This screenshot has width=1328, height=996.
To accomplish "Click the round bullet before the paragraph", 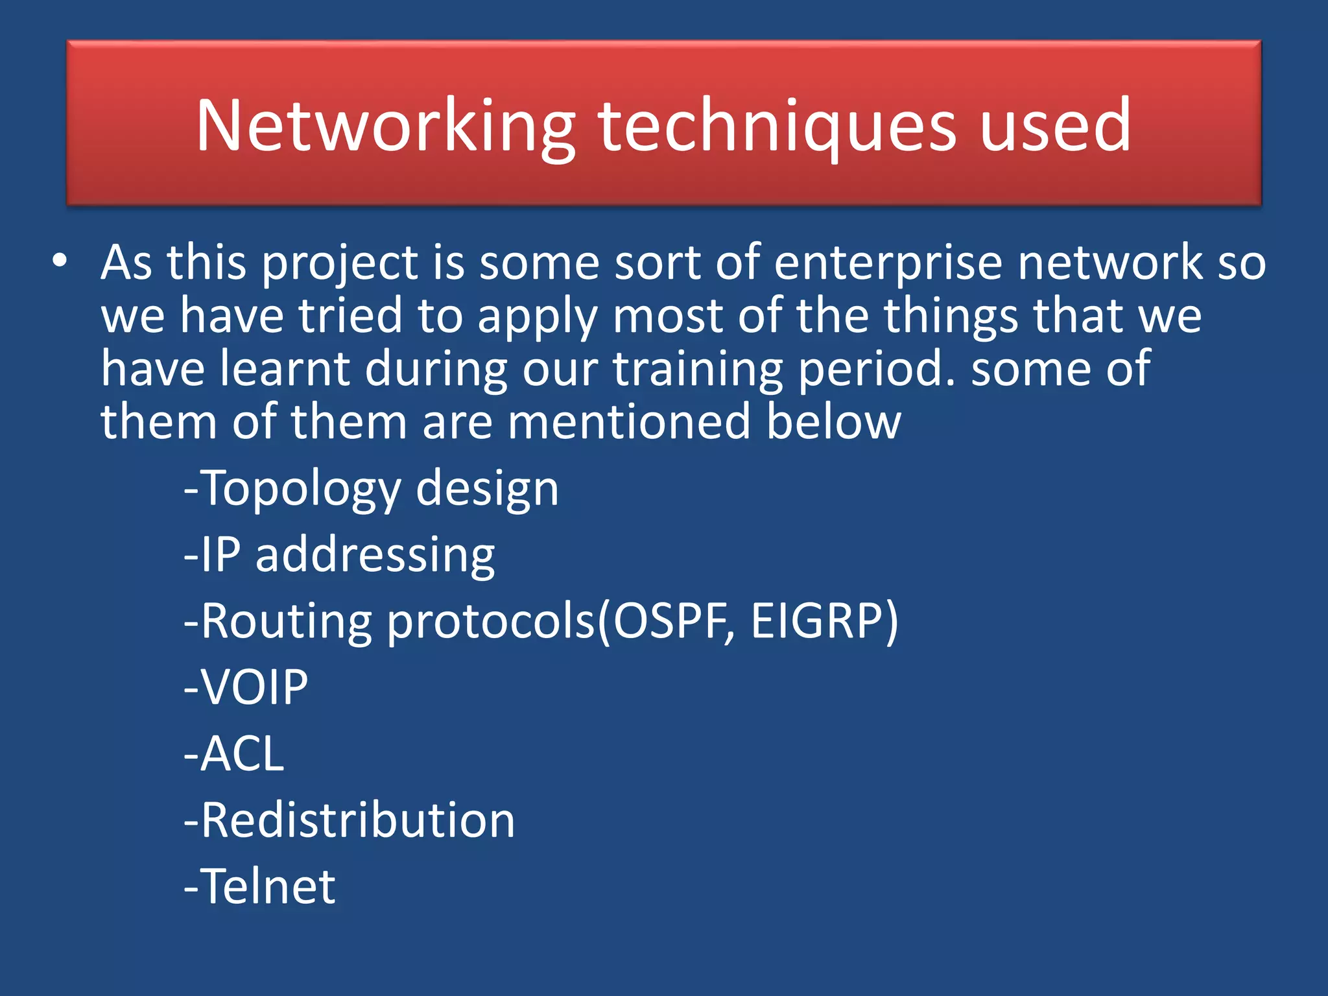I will pos(60,261).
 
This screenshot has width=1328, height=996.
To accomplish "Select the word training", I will pos(698,369).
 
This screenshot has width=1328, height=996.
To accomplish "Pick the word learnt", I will pos(285,369).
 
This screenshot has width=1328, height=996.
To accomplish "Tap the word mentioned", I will pos(629,422).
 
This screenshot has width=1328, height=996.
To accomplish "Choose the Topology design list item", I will pos(371,488).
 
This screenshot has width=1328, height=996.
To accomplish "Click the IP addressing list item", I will pos(339,555).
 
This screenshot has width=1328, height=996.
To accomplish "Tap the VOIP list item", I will pos(246,687).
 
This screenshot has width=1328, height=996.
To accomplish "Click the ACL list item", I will pos(234,753).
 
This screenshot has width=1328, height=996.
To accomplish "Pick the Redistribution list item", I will pos(350,820).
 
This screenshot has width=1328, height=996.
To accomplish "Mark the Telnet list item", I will pos(260,886).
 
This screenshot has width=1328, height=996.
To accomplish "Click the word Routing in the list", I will pos(286,621).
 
